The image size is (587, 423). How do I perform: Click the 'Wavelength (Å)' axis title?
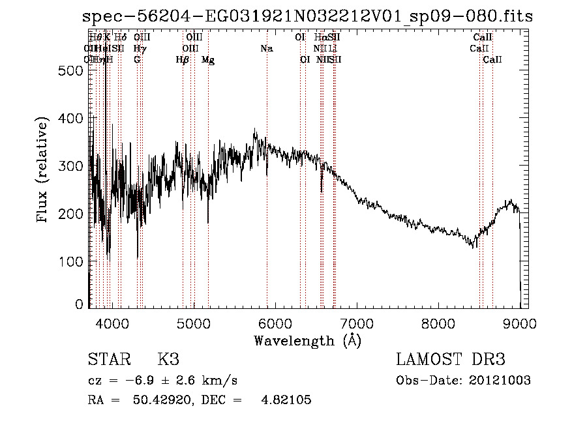pyautogui.click(x=307, y=340)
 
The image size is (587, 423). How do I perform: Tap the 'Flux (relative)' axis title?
pyautogui.click(x=44, y=171)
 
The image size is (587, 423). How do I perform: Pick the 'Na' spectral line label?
pyautogui.click(x=266, y=49)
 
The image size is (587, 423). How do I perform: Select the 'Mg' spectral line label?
pyautogui.click(x=208, y=60)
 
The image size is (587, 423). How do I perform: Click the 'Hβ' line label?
pyautogui.click(x=183, y=60)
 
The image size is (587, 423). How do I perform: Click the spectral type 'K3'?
pyautogui.click(x=168, y=360)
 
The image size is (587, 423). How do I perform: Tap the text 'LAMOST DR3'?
pyautogui.click(x=451, y=360)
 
